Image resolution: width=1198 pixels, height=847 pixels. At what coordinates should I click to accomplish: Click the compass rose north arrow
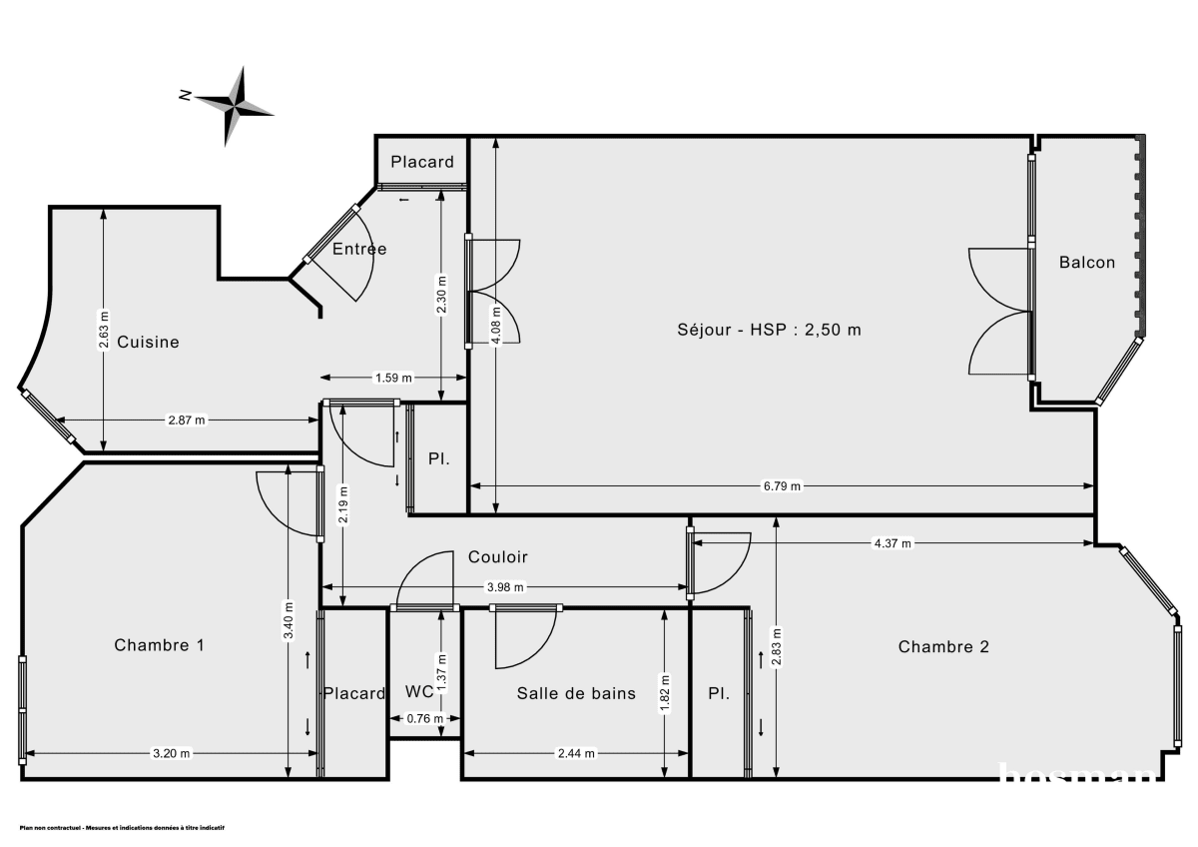pyautogui.click(x=234, y=104)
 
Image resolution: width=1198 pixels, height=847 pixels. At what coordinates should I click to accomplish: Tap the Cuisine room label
pyautogui.click(x=148, y=342)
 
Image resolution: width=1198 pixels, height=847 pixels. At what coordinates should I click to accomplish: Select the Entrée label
pyautogui.click(x=359, y=249)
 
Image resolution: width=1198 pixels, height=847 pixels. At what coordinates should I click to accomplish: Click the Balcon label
pyautogui.click(x=1087, y=263)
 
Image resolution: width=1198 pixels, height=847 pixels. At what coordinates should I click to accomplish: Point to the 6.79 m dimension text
pyautogui.click(x=782, y=486)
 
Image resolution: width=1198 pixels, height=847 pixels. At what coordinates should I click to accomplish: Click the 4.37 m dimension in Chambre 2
pyautogui.click(x=892, y=543)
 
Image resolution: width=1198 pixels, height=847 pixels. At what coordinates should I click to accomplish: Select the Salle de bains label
pyautogui.click(x=576, y=693)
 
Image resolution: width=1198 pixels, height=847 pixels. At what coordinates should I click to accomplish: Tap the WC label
pyautogui.click(x=419, y=692)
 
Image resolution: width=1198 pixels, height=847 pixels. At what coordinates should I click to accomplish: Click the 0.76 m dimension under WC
pyautogui.click(x=424, y=718)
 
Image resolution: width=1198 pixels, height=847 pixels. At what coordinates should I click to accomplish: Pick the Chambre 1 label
pyautogui.click(x=160, y=645)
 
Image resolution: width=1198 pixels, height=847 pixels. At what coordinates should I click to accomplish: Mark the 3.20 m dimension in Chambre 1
pyautogui.click(x=171, y=754)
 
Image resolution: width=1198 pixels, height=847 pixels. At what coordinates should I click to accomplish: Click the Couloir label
pyautogui.click(x=498, y=557)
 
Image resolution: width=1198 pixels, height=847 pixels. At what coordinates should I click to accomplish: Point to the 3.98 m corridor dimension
pyautogui.click(x=504, y=587)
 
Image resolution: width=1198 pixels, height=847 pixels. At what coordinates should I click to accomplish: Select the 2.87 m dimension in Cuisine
pyautogui.click(x=187, y=421)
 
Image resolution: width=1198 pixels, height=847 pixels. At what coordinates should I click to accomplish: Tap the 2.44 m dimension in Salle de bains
pyautogui.click(x=575, y=754)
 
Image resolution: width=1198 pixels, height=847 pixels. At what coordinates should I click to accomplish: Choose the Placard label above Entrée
pyautogui.click(x=422, y=162)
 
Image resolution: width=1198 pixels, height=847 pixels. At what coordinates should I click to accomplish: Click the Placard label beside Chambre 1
pyautogui.click(x=354, y=693)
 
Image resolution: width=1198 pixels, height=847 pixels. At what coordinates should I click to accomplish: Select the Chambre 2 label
pyautogui.click(x=943, y=646)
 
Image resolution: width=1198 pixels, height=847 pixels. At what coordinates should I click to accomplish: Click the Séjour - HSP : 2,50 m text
pyautogui.click(x=768, y=331)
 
